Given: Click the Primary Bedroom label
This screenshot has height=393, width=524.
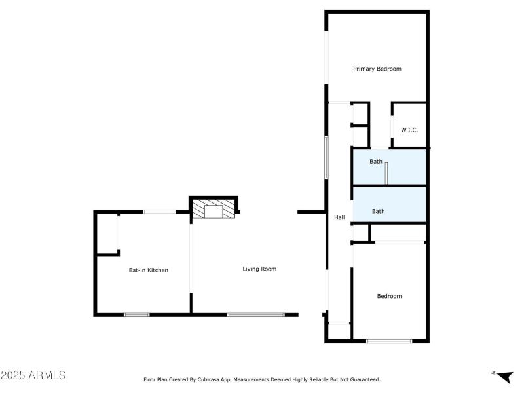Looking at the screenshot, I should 377,69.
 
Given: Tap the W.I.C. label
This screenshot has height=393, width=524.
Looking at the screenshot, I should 409,130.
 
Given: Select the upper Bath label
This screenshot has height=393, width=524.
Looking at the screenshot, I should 376,161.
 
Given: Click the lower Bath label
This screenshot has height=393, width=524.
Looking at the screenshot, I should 379,211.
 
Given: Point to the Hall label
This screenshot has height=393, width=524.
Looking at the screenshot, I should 339,217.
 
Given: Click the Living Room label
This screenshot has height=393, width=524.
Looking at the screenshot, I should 259,269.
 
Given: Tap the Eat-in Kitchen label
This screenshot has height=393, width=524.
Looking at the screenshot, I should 148,270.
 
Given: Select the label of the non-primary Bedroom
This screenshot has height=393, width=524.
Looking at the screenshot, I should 389,296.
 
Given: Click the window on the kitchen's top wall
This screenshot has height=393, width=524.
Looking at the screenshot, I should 159,212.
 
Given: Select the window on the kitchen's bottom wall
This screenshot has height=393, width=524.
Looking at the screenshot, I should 136,315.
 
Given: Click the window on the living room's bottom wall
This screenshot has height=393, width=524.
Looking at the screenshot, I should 255,315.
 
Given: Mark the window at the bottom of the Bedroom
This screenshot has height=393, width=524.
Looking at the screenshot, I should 389,341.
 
